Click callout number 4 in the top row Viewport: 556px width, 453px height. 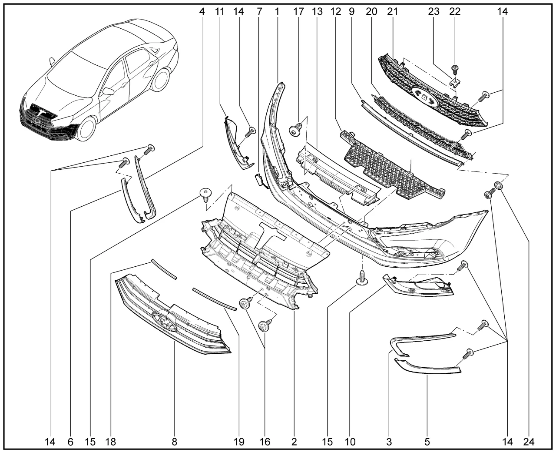click(202, 12)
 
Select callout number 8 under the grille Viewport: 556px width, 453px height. click(174, 442)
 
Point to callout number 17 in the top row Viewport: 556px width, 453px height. click(298, 12)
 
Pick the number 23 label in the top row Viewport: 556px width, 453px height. click(434, 12)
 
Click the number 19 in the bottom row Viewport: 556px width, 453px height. click(239, 442)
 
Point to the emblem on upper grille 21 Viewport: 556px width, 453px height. click(424, 96)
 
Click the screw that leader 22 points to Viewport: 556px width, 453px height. click(455, 69)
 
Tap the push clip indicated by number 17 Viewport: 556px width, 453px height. click(296, 129)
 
